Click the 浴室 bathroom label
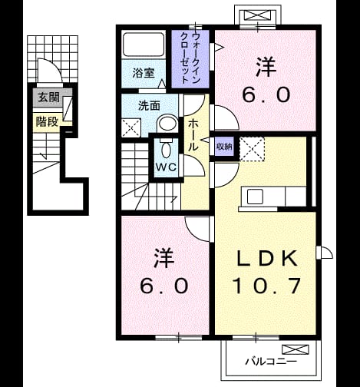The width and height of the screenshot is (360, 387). pyautogui.click(x=144, y=73)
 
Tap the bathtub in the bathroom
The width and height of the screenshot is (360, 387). pyautogui.click(x=144, y=44)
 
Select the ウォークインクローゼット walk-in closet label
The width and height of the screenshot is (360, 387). pyautogui.click(x=190, y=58)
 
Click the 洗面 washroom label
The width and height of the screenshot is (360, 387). pyautogui.click(x=149, y=106)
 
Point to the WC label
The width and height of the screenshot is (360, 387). pyautogui.click(x=166, y=167)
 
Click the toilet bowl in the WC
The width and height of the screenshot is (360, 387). pyautogui.click(x=166, y=149)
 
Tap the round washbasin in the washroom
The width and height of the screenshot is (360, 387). pyautogui.click(x=167, y=124)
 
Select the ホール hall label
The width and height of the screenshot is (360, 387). pyautogui.click(x=193, y=135)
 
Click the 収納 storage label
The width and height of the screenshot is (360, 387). pyautogui.click(x=224, y=147)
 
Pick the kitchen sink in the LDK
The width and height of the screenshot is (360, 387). pyautogui.click(x=255, y=197)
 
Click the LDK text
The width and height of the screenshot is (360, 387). pyautogui.click(x=267, y=258)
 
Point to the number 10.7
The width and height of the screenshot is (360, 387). pyautogui.click(x=266, y=286)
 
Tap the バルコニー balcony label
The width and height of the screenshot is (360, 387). pyautogui.click(x=271, y=362)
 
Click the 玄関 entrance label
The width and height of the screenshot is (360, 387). pyautogui.click(x=48, y=98)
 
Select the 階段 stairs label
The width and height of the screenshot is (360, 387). pyautogui.click(x=47, y=121)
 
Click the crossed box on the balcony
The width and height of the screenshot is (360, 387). pyautogui.click(x=296, y=349)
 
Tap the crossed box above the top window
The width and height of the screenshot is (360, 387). pyautogui.click(x=257, y=15)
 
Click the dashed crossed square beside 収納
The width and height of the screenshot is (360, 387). pyautogui.click(x=252, y=149)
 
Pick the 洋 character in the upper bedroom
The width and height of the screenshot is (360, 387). pyautogui.click(x=266, y=67)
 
